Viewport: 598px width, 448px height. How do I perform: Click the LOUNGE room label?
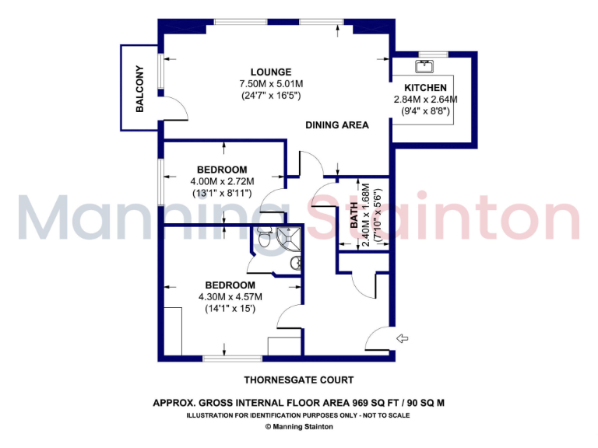[255, 72]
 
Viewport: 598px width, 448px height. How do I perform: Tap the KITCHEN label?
[425, 88]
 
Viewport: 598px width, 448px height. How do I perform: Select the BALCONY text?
[140, 88]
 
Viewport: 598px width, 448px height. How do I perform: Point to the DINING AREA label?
[336, 124]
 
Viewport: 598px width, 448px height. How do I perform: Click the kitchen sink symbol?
[425, 65]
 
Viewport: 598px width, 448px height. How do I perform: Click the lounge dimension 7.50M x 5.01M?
[255, 83]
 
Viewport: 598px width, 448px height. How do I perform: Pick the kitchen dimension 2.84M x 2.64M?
[425, 100]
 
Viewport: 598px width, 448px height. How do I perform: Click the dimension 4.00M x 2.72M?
[222, 181]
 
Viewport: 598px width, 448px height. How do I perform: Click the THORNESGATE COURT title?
[299, 380]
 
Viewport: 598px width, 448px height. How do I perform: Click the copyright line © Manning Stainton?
[298, 426]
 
